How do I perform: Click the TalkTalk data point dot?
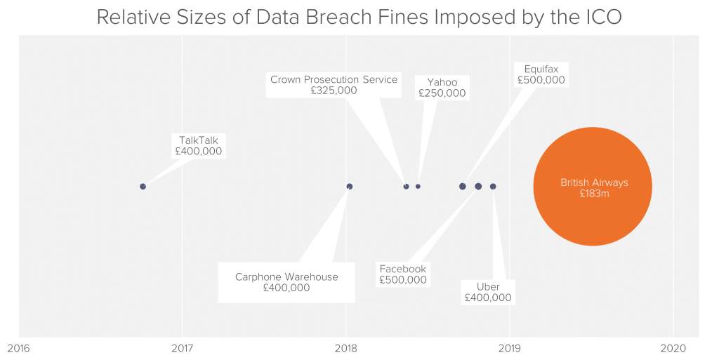[x=143, y=187]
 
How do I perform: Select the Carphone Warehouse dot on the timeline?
[x=350, y=187]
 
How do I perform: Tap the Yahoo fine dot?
[x=418, y=187]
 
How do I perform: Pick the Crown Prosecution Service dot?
[x=406, y=187]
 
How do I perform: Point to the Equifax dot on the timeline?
[x=462, y=187]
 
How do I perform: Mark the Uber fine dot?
[x=493, y=187]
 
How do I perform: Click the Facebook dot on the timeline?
[x=478, y=187]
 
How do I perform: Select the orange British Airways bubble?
[x=593, y=187]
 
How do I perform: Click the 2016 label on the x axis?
[x=19, y=349]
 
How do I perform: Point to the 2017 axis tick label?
[x=182, y=349]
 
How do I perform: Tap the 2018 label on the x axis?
[x=345, y=349]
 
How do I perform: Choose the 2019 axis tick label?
[x=510, y=349]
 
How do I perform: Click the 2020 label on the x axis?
[x=673, y=349]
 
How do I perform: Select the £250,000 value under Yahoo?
[x=442, y=93]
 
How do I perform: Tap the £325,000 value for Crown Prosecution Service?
[x=334, y=91]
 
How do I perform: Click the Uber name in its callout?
[x=488, y=287]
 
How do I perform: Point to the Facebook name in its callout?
[x=403, y=269]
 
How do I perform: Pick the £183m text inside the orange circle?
[x=594, y=193]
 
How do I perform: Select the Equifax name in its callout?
[x=541, y=69]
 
